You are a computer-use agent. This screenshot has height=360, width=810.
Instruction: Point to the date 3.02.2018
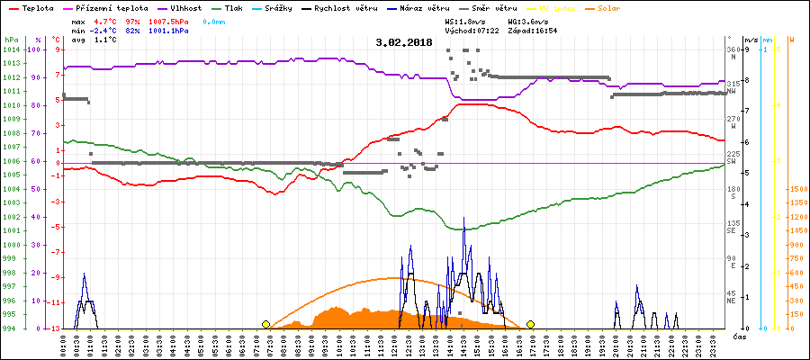tap(404, 42)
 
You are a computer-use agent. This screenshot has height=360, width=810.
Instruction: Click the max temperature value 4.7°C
tap(106, 21)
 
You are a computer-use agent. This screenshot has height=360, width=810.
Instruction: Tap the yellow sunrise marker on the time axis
tap(265, 324)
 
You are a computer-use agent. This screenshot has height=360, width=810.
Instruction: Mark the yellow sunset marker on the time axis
tap(531, 324)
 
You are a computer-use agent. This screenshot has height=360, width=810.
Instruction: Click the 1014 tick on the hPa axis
tap(11, 49)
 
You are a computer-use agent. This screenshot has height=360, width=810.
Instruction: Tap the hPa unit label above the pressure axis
tap(10, 40)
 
